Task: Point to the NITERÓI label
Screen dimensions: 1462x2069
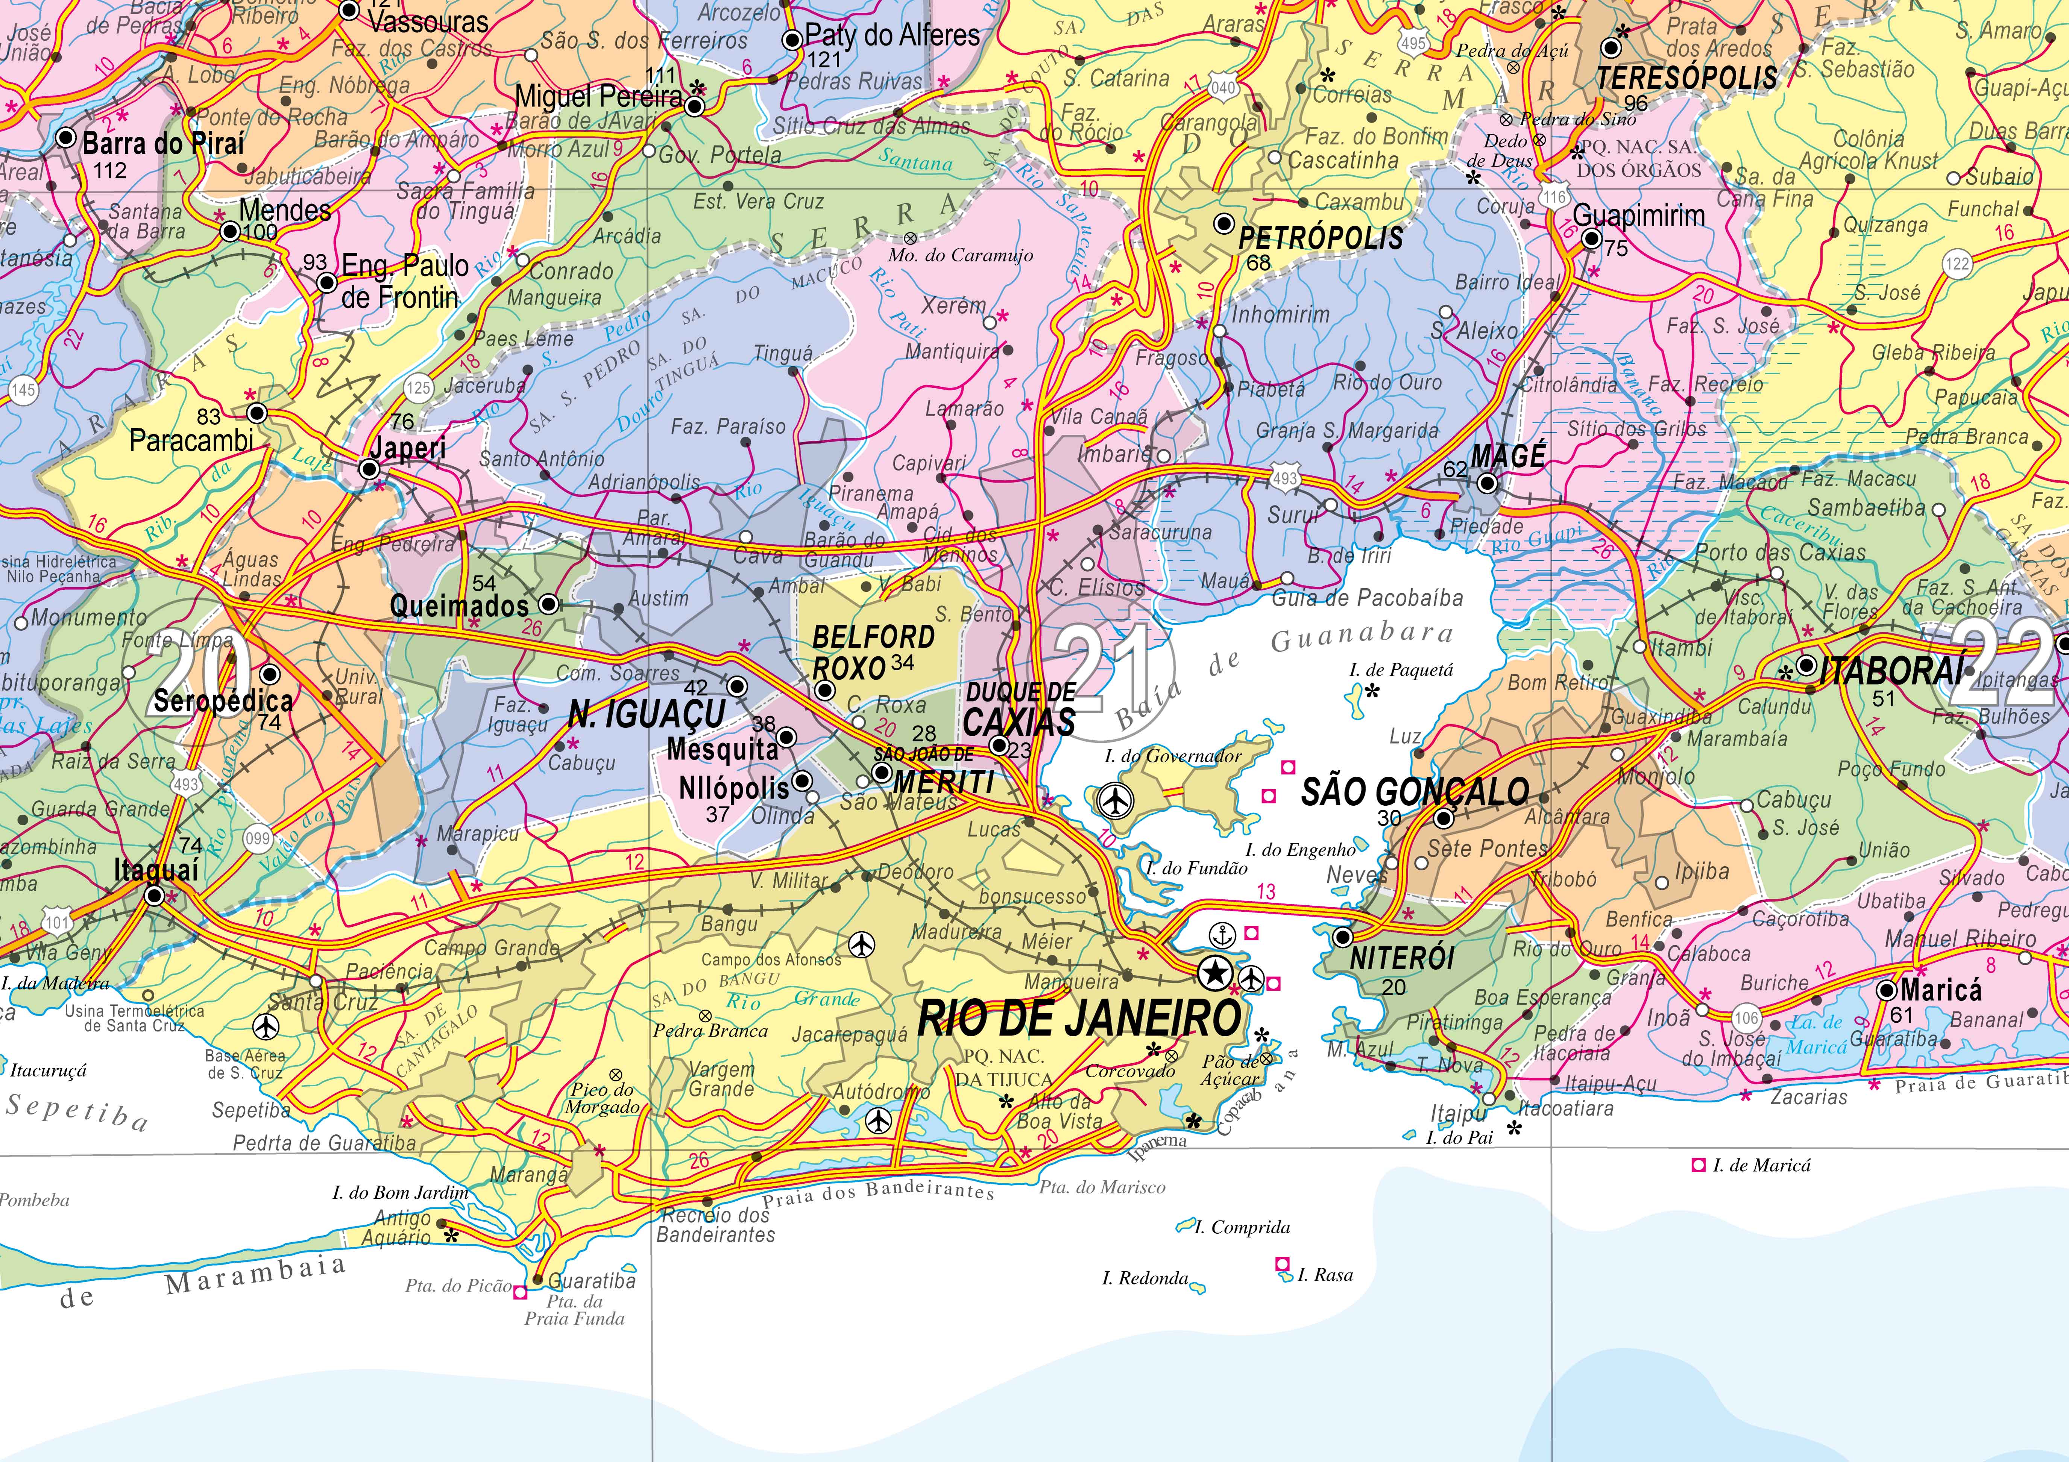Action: [1402, 958]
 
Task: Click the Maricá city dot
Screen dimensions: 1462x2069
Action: [1888, 991]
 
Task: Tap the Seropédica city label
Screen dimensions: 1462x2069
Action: [223, 700]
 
